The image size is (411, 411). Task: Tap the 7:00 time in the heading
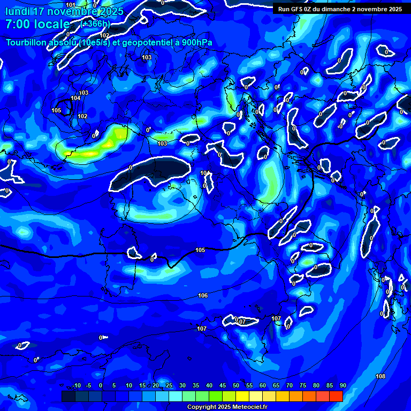[21, 24]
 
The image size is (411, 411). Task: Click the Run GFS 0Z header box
[340, 9]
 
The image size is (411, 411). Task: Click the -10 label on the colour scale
[76, 386]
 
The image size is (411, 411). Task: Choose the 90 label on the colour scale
[342, 386]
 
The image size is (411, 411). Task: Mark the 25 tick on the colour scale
[169, 386]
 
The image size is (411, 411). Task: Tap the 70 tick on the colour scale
[289, 386]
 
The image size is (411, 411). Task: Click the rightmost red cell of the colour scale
[336, 396]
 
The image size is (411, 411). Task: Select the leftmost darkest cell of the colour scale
[68, 396]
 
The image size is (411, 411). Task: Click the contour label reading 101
[71, 5]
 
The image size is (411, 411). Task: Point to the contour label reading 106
[203, 295]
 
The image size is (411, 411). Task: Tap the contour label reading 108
[380, 376]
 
